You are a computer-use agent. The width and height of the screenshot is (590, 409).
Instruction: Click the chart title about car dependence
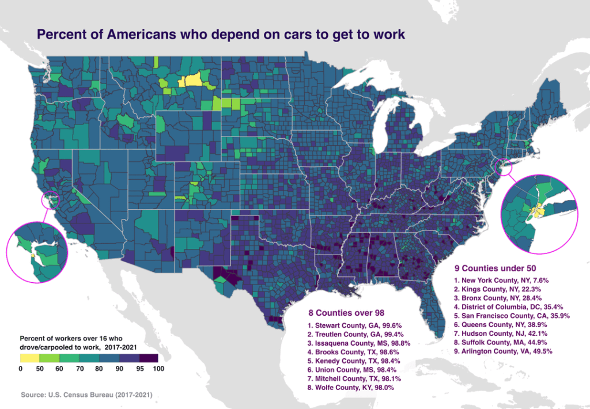tap(221, 34)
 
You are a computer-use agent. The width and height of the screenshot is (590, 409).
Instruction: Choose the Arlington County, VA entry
tap(494, 351)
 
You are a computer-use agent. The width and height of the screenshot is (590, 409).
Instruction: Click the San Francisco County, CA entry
tap(504, 316)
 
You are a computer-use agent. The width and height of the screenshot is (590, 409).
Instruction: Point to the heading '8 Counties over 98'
tap(347, 313)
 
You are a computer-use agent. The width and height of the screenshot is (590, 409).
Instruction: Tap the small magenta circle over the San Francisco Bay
tap(51, 199)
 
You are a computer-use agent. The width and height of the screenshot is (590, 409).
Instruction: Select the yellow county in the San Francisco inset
tap(34, 253)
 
